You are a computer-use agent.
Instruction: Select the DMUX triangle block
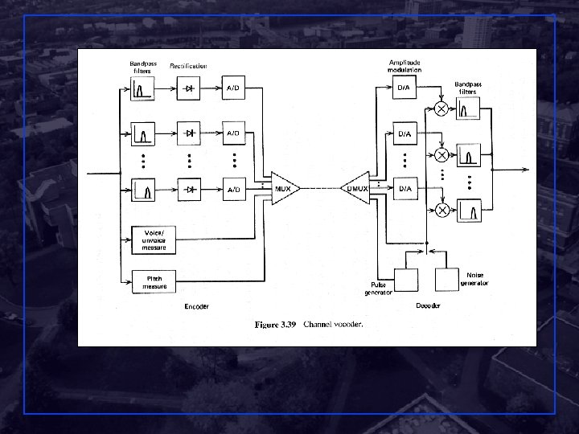coord(355,189)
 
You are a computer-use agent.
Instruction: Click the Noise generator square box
coord(447,279)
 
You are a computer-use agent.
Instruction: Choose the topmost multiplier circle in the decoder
coord(441,109)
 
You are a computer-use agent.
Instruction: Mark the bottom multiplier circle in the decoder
coord(441,211)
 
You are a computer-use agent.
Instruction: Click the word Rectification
coord(188,66)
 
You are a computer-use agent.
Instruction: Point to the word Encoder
coord(197,306)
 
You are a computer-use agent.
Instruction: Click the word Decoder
coord(428,306)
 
